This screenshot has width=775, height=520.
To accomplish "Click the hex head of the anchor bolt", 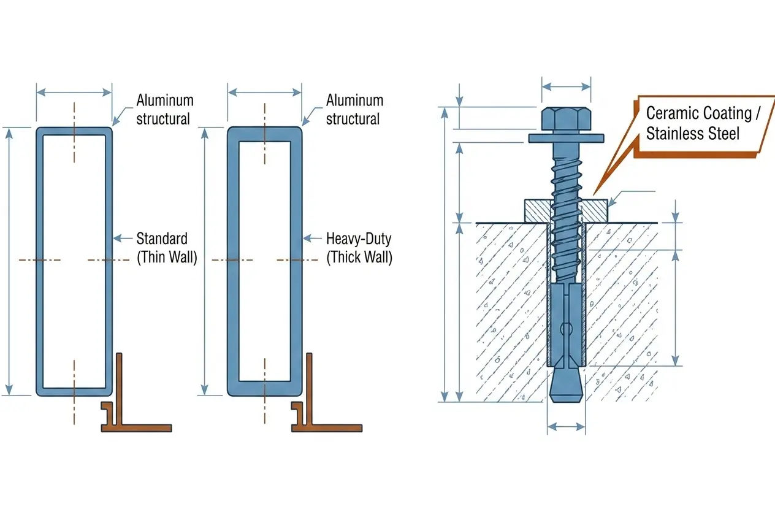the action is point(566,119).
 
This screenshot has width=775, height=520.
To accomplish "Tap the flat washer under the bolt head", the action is point(566,139).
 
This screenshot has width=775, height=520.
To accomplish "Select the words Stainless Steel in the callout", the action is point(693,134).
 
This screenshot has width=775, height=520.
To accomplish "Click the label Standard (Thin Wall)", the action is point(167,248).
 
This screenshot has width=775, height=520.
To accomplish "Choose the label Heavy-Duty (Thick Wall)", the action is point(359,248).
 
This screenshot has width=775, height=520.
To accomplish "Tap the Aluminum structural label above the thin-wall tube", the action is point(165,109).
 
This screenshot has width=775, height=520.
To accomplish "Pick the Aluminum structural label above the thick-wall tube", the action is point(354,109).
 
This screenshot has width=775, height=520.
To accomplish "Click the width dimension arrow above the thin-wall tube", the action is point(74,93).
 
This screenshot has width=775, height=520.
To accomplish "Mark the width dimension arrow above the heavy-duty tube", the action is point(265,93).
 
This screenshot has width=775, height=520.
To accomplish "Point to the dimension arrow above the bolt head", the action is point(566,86).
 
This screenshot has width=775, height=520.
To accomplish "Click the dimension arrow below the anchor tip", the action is point(567,427).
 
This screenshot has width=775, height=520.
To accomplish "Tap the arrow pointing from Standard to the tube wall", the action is point(123,238).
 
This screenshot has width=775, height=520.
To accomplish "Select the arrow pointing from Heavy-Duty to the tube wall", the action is point(313,238).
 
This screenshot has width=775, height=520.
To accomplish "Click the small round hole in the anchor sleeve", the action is point(567,328).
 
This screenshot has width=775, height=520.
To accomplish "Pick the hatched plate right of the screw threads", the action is point(594,211).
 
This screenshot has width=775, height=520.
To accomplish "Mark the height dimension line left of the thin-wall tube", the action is point(9,262).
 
